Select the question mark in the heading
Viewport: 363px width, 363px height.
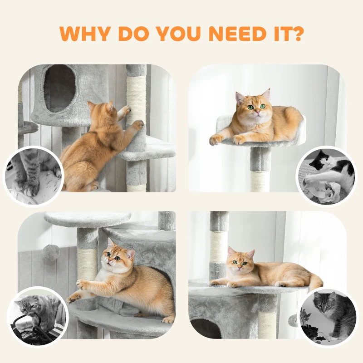pyautogui.click(x=297, y=34)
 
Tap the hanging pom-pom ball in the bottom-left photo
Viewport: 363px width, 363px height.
pyautogui.click(x=51, y=252)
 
